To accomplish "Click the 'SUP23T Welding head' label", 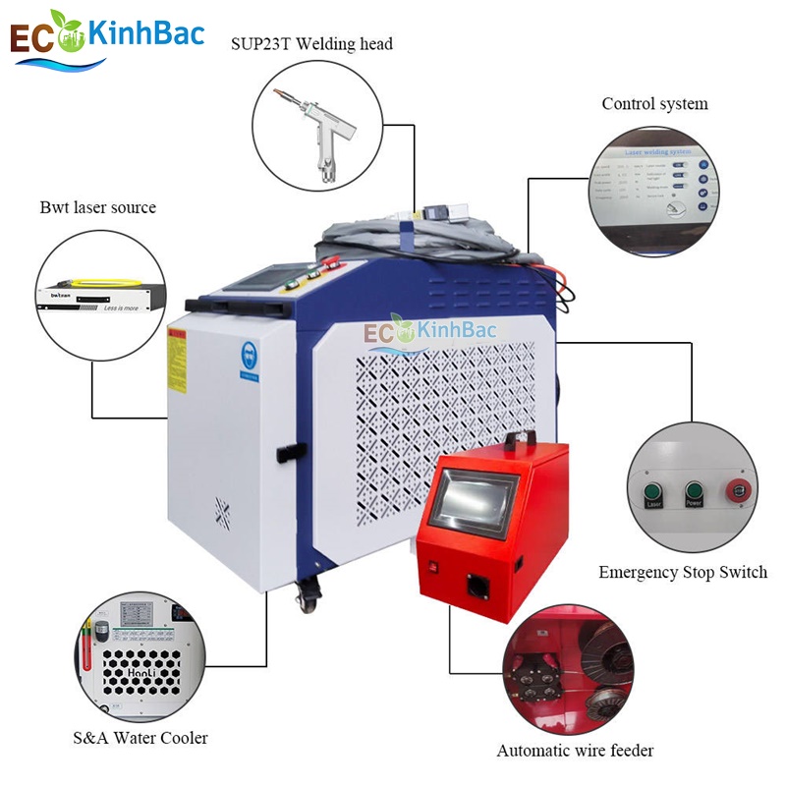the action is [x=311, y=44].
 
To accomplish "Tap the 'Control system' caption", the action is [x=654, y=104].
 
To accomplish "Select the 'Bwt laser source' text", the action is [x=97, y=207].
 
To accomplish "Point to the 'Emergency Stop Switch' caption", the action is [x=683, y=572].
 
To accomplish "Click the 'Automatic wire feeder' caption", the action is [x=575, y=751].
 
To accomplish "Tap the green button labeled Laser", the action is [x=651, y=491].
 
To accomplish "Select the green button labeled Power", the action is [x=693, y=491].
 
